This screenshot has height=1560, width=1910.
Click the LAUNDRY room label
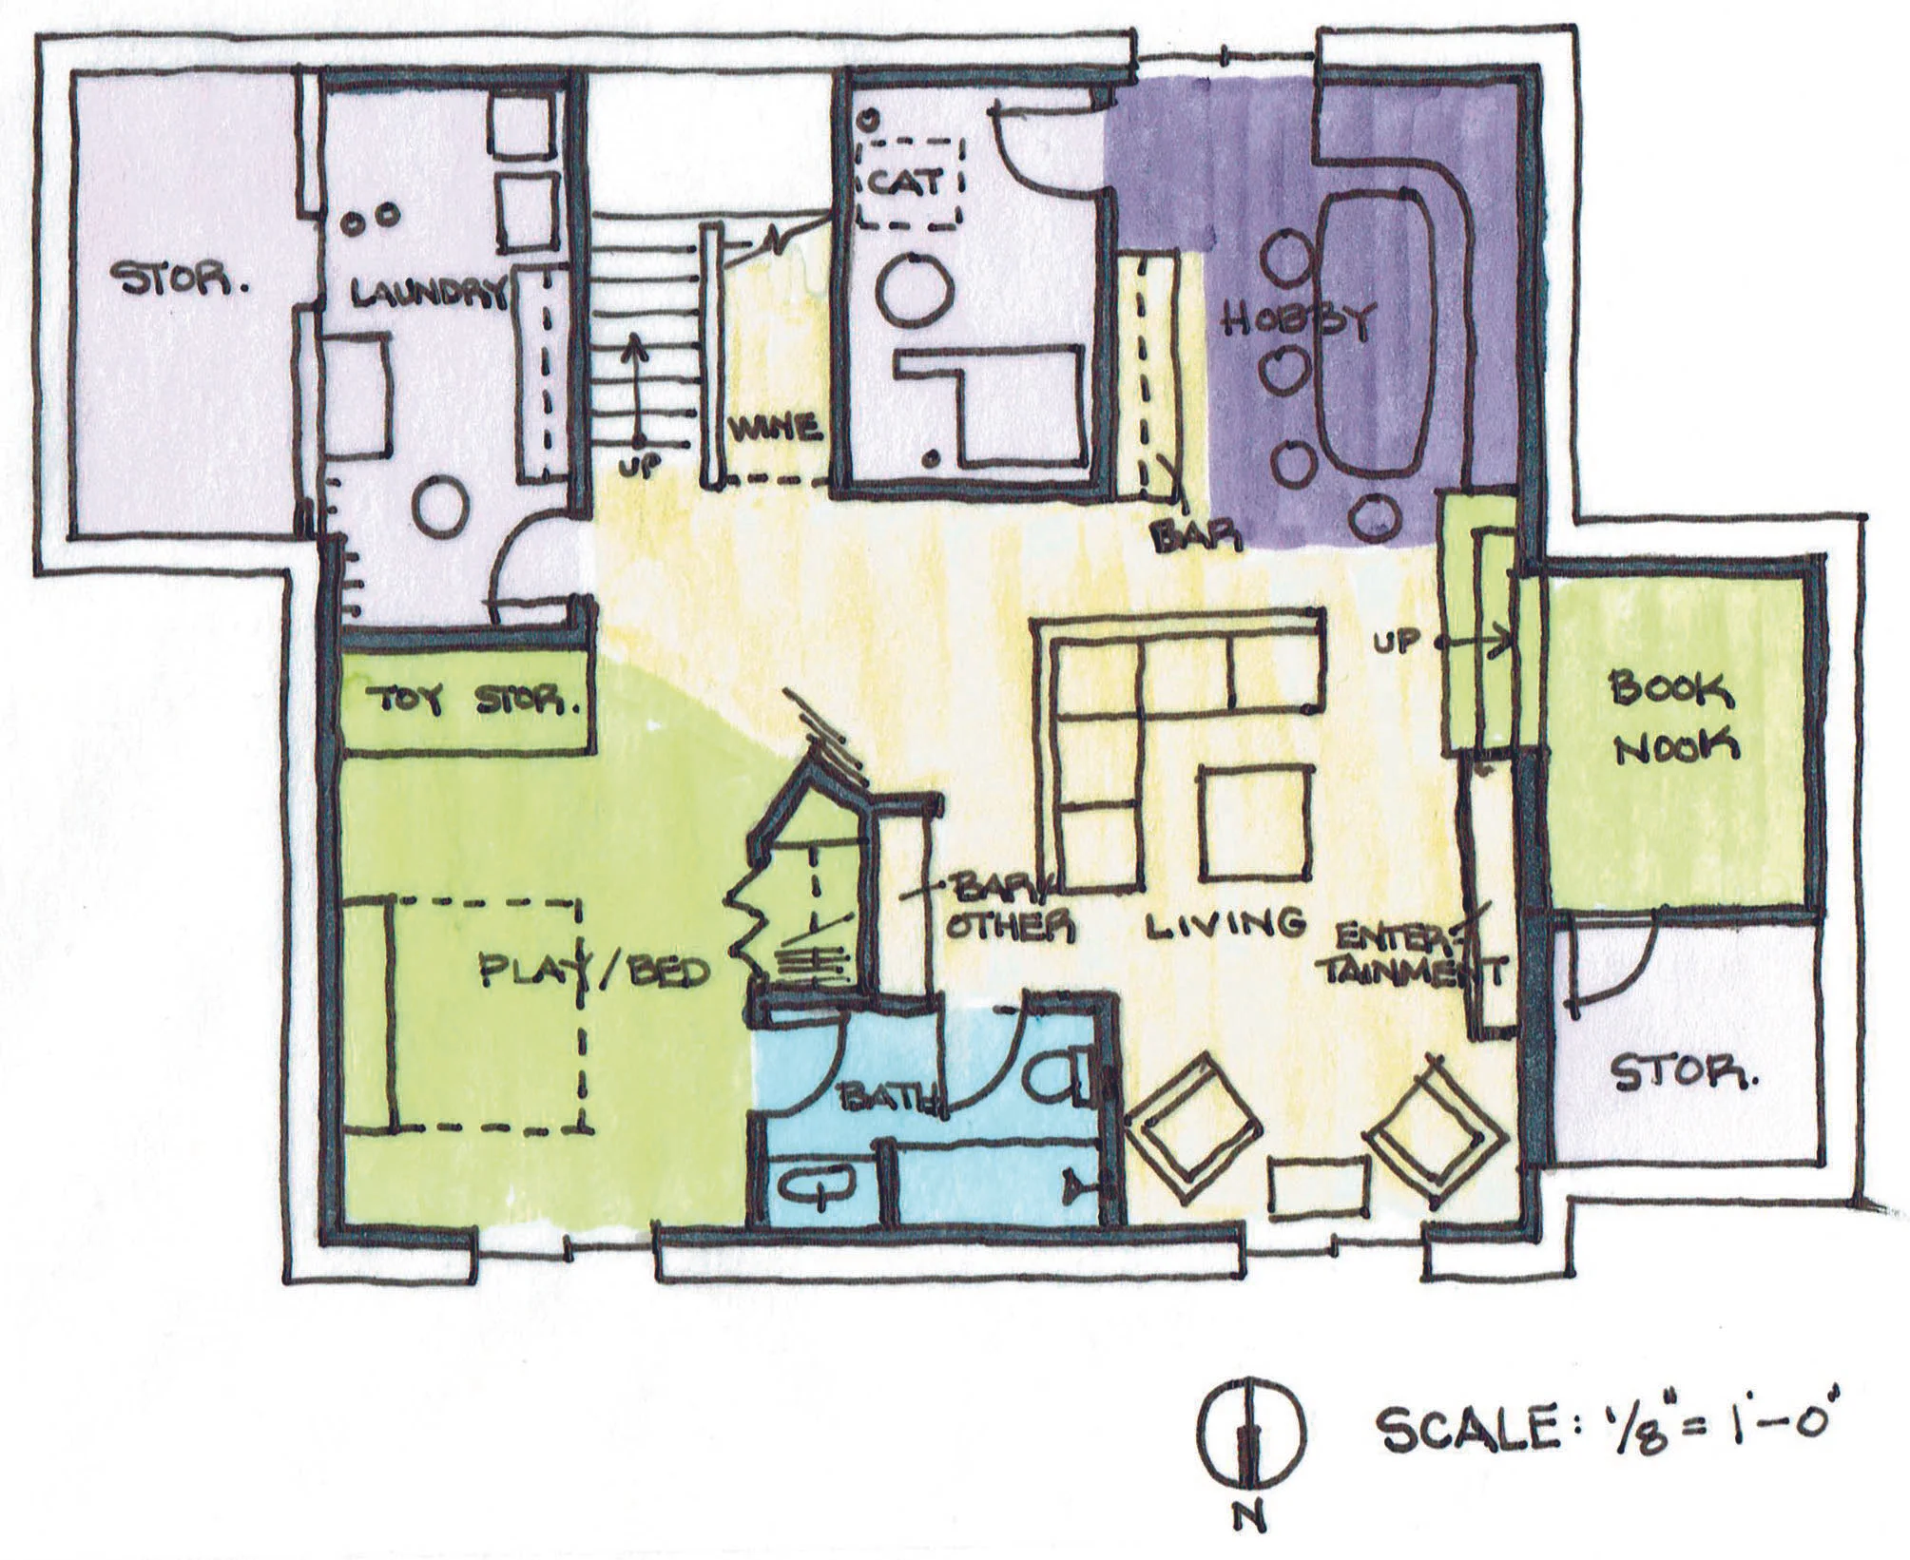[427, 295]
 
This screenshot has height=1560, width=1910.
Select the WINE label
[776, 429]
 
